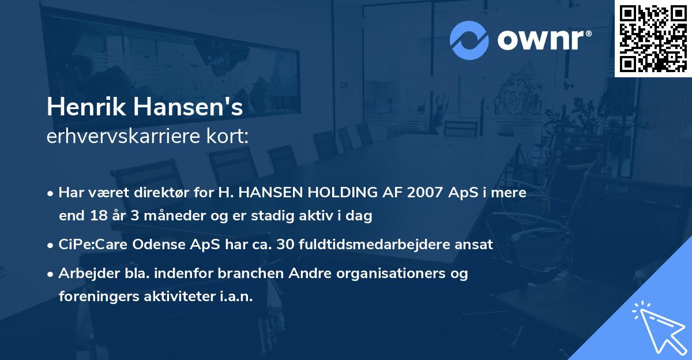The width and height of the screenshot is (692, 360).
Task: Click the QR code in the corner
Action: [653, 38]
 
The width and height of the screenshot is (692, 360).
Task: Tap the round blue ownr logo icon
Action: [469, 39]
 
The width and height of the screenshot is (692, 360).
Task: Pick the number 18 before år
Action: [97, 216]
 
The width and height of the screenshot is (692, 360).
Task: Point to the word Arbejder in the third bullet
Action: [83, 273]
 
